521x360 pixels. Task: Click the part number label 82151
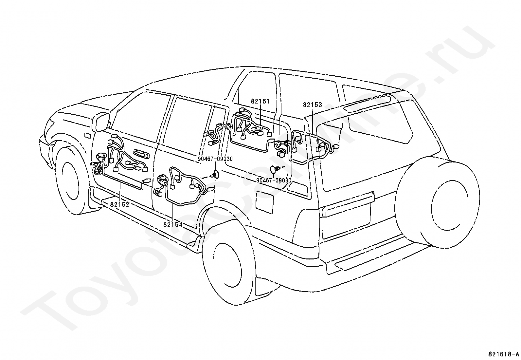tap(260, 101)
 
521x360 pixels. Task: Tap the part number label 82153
tap(312, 105)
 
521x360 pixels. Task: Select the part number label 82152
tap(119, 204)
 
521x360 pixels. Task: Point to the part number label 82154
tap(173, 225)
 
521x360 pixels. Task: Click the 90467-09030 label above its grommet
tap(215, 159)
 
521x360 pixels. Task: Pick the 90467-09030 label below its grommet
tap(274, 180)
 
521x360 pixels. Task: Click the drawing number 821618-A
tap(503, 354)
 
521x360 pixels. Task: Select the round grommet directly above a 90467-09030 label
tap(274, 170)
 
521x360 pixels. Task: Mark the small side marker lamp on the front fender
tap(87, 135)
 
